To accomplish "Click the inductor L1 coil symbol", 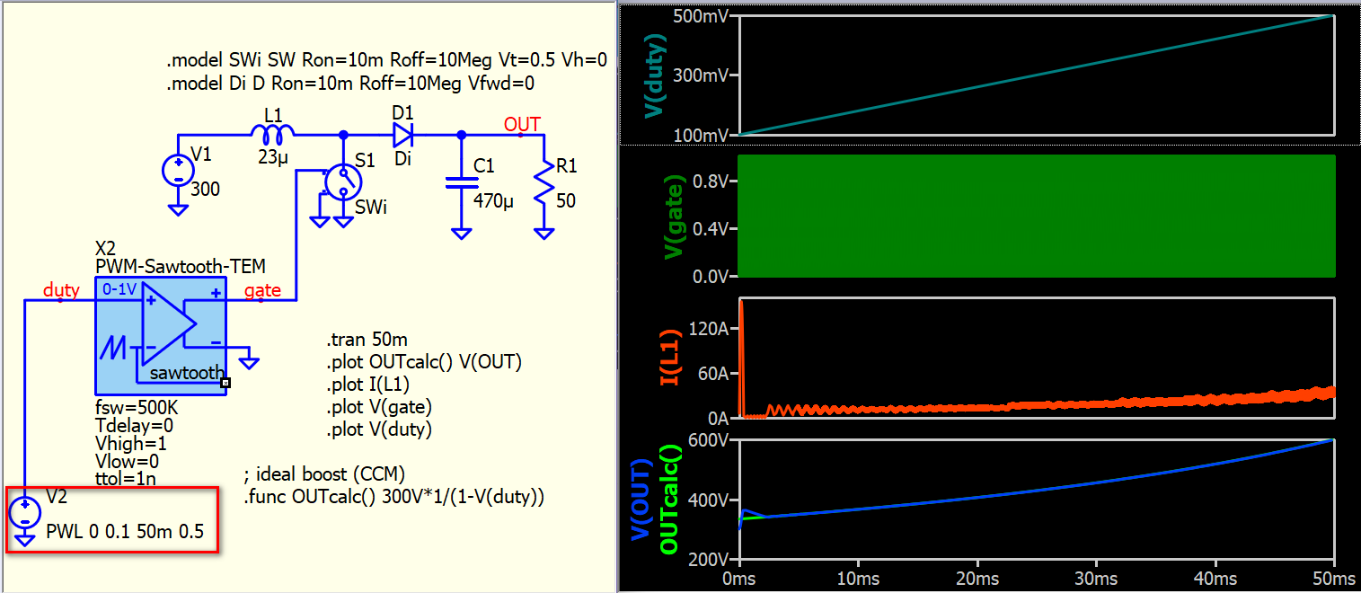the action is click(273, 134).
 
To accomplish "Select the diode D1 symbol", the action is click(402, 135).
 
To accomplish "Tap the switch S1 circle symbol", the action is click(343, 181).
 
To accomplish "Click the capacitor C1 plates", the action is click(462, 182).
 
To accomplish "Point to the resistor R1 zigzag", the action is click(544, 181).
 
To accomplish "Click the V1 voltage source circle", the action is click(178, 171).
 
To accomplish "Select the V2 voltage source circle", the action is click(25, 512).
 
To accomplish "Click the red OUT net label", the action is click(522, 124).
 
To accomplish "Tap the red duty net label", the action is click(61, 290).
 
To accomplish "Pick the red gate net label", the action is click(262, 290).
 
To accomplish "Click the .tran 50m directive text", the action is click(367, 339).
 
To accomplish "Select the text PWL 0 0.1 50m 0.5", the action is click(125, 532).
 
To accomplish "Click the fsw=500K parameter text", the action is click(137, 407).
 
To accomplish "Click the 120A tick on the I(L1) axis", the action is click(709, 329).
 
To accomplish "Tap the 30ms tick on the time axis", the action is click(1097, 579).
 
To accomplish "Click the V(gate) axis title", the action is click(674, 217).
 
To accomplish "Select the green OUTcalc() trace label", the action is click(668, 500).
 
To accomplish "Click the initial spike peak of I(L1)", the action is click(741, 301).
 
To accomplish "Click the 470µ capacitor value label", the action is click(493, 200).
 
